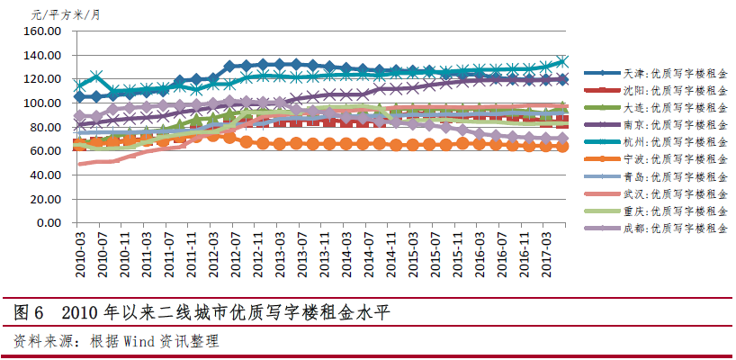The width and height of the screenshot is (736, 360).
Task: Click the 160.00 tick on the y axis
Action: click(x=40, y=31)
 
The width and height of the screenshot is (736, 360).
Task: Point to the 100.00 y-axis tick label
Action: click(x=40, y=103)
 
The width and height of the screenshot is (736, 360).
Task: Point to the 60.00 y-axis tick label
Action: click(x=43, y=151)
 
